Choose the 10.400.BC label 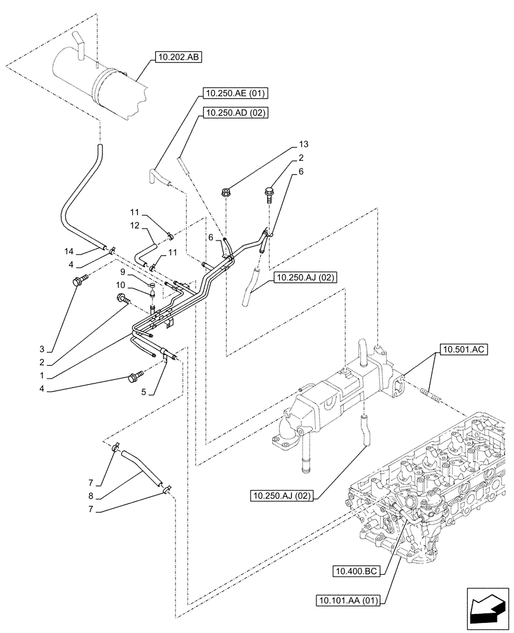355,572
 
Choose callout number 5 144,392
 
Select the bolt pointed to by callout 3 78,282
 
